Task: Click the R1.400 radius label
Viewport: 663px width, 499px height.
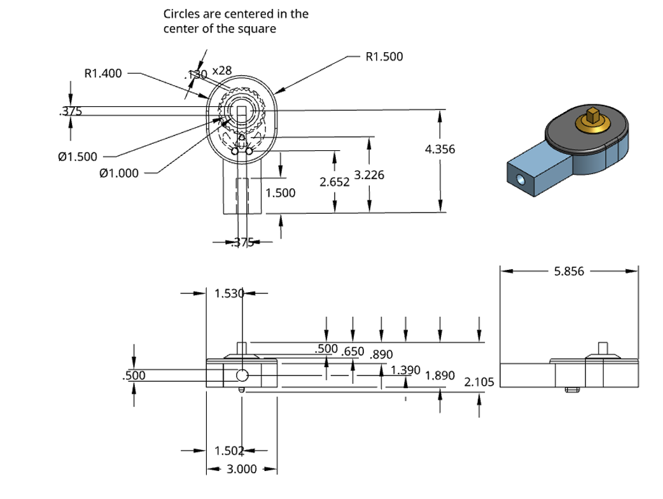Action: (x=102, y=73)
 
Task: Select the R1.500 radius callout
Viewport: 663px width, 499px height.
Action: (x=384, y=57)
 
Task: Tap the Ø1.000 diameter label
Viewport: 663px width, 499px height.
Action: (x=119, y=172)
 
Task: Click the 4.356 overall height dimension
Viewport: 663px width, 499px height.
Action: (x=440, y=149)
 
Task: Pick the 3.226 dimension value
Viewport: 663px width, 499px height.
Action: (x=369, y=174)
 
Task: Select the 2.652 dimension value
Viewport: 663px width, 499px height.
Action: (x=335, y=182)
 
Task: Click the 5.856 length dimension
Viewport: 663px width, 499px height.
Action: (x=569, y=271)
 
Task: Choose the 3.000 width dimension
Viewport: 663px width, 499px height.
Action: (x=242, y=469)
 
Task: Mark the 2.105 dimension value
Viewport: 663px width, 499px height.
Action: (x=480, y=382)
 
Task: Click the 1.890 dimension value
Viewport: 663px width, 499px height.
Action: (x=440, y=375)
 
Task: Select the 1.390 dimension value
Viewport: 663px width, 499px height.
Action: (x=405, y=369)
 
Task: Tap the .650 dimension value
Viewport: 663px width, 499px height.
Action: (x=352, y=351)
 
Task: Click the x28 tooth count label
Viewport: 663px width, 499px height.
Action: (x=221, y=70)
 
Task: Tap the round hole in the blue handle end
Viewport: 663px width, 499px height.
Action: (x=522, y=179)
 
